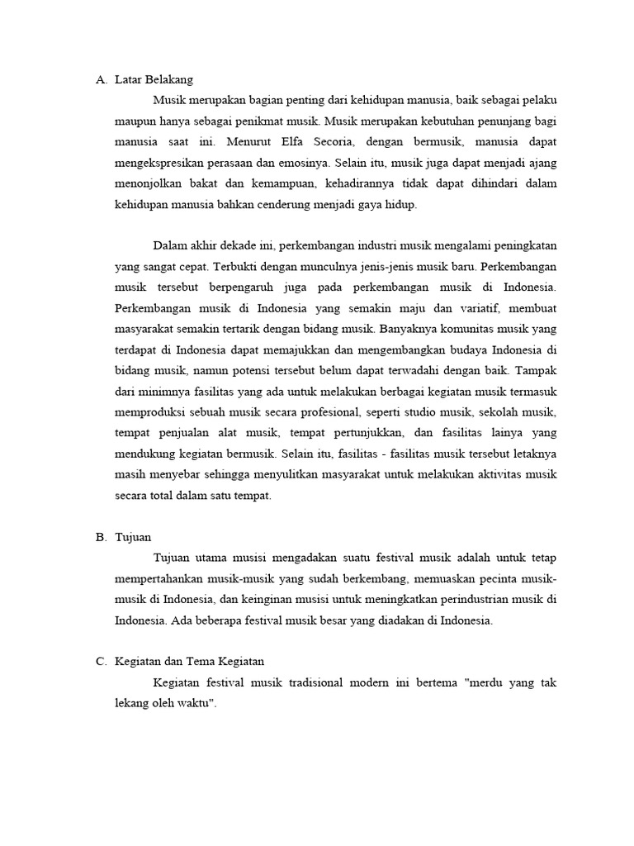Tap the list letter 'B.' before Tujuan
[x=102, y=537]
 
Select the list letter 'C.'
[x=102, y=661]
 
